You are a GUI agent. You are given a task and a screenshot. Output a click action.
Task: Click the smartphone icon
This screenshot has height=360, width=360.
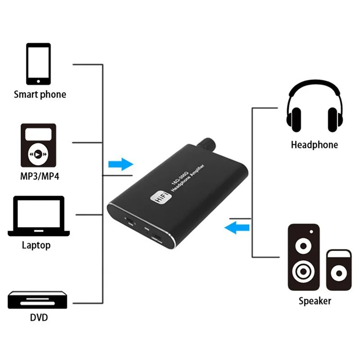[38, 63]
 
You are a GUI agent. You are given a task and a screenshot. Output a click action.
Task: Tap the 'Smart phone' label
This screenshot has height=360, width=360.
[40, 94]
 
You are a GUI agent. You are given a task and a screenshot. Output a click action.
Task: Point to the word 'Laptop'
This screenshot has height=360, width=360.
[36, 246]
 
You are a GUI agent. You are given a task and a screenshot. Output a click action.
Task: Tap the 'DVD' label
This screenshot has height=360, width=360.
[39, 318]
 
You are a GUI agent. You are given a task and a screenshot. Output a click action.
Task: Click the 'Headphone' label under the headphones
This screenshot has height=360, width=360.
[314, 145]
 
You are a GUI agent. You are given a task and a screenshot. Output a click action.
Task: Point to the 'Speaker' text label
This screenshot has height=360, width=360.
[315, 301]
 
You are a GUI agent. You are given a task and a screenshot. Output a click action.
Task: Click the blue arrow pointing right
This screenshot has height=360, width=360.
[121, 164]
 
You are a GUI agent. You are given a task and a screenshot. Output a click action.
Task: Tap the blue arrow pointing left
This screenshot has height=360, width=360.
[237, 228]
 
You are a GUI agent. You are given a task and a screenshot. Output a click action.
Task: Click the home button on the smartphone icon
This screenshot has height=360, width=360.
[38, 81]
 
